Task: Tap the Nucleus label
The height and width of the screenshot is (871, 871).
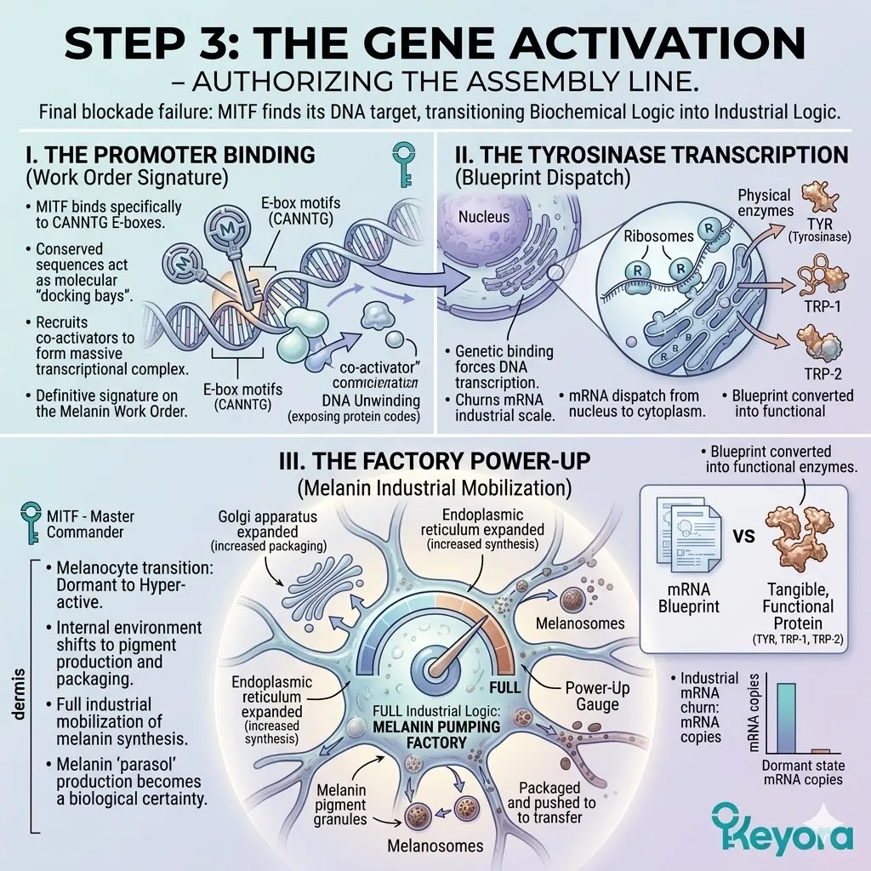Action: click(x=484, y=216)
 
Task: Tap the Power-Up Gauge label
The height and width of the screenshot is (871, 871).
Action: click(x=597, y=696)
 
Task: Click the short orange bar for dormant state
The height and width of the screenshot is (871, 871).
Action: click(x=821, y=751)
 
